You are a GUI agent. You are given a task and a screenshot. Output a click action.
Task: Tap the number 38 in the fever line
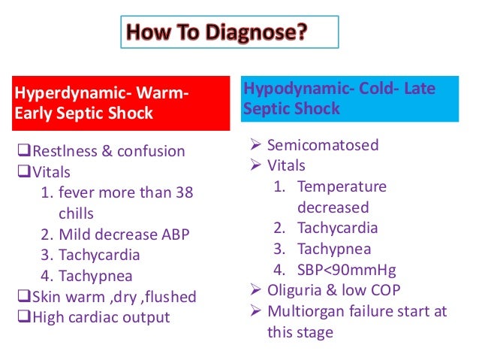[x=184, y=192]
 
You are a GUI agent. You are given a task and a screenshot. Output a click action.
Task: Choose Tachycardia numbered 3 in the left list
[x=99, y=255]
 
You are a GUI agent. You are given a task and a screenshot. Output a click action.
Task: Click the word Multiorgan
[x=307, y=311]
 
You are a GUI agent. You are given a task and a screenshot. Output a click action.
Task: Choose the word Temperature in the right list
[x=342, y=186]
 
